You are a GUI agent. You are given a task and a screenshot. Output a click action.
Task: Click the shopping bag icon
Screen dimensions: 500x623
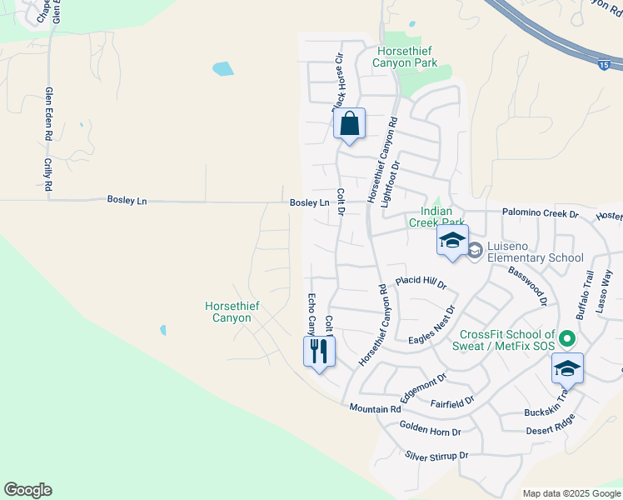(x=350, y=124)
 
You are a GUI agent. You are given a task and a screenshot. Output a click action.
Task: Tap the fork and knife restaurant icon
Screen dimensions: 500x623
(x=319, y=351)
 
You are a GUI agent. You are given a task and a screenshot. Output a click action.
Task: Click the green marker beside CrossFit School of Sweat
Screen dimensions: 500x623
(x=567, y=338)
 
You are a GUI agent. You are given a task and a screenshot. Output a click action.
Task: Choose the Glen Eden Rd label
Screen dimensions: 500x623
(x=49, y=112)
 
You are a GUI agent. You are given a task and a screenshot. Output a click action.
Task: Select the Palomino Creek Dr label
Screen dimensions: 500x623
(x=540, y=214)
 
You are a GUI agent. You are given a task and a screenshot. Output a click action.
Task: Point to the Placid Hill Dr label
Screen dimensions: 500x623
(x=421, y=282)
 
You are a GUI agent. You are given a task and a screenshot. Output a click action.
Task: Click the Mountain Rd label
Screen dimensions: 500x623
(x=375, y=408)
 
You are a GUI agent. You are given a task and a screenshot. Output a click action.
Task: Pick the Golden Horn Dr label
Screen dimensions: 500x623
(x=430, y=432)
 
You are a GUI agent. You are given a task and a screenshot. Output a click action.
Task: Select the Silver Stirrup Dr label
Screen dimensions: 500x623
(x=437, y=456)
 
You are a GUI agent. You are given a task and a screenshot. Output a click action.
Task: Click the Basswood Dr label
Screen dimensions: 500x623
(x=527, y=281)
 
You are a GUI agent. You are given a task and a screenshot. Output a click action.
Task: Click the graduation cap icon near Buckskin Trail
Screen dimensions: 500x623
(x=567, y=368)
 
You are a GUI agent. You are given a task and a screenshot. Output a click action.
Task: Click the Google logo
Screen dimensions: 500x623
(x=27, y=490)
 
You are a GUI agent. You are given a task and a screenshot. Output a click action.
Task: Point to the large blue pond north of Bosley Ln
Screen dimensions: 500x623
(x=222, y=68)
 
